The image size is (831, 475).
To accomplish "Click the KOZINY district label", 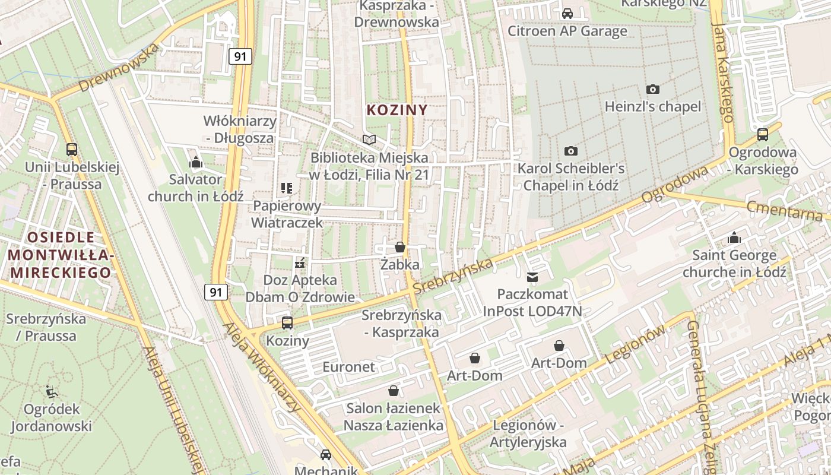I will tap(397, 110).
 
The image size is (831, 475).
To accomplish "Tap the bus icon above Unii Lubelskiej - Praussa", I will tap(72, 150).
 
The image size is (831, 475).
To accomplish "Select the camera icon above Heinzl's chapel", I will tap(653, 90).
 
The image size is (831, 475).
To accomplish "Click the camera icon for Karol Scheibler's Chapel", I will tap(571, 151).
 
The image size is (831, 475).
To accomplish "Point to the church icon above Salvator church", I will tap(196, 162).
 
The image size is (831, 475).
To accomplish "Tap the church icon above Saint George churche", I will tap(734, 238).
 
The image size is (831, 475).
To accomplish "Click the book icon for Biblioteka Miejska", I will tap(369, 140).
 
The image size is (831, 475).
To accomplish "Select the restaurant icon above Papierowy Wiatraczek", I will tap(287, 189).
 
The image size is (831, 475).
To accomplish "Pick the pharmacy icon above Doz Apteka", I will tap(300, 262).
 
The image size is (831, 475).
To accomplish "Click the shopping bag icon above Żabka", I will tap(400, 247).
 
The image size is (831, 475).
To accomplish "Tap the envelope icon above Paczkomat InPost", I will tap(532, 277).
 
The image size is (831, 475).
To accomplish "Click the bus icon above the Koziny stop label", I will tap(287, 323).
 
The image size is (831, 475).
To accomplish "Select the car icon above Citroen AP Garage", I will tap(567, 14).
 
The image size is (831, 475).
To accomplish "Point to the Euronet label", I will tap(349, 367).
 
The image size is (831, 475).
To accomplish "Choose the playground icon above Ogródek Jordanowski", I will tap(52, 392).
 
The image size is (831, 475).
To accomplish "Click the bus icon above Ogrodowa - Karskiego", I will tap(763, 135).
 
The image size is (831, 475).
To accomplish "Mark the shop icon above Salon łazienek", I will tap(393, 391).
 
